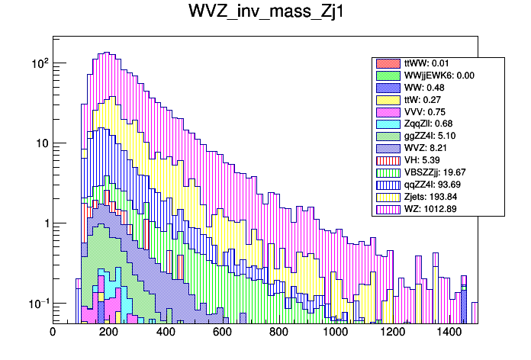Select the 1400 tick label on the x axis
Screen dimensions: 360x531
[x=449, y=332]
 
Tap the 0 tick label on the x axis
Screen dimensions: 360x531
[x=53, y=332]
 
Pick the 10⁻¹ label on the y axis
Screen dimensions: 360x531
[x=37, y=304]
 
